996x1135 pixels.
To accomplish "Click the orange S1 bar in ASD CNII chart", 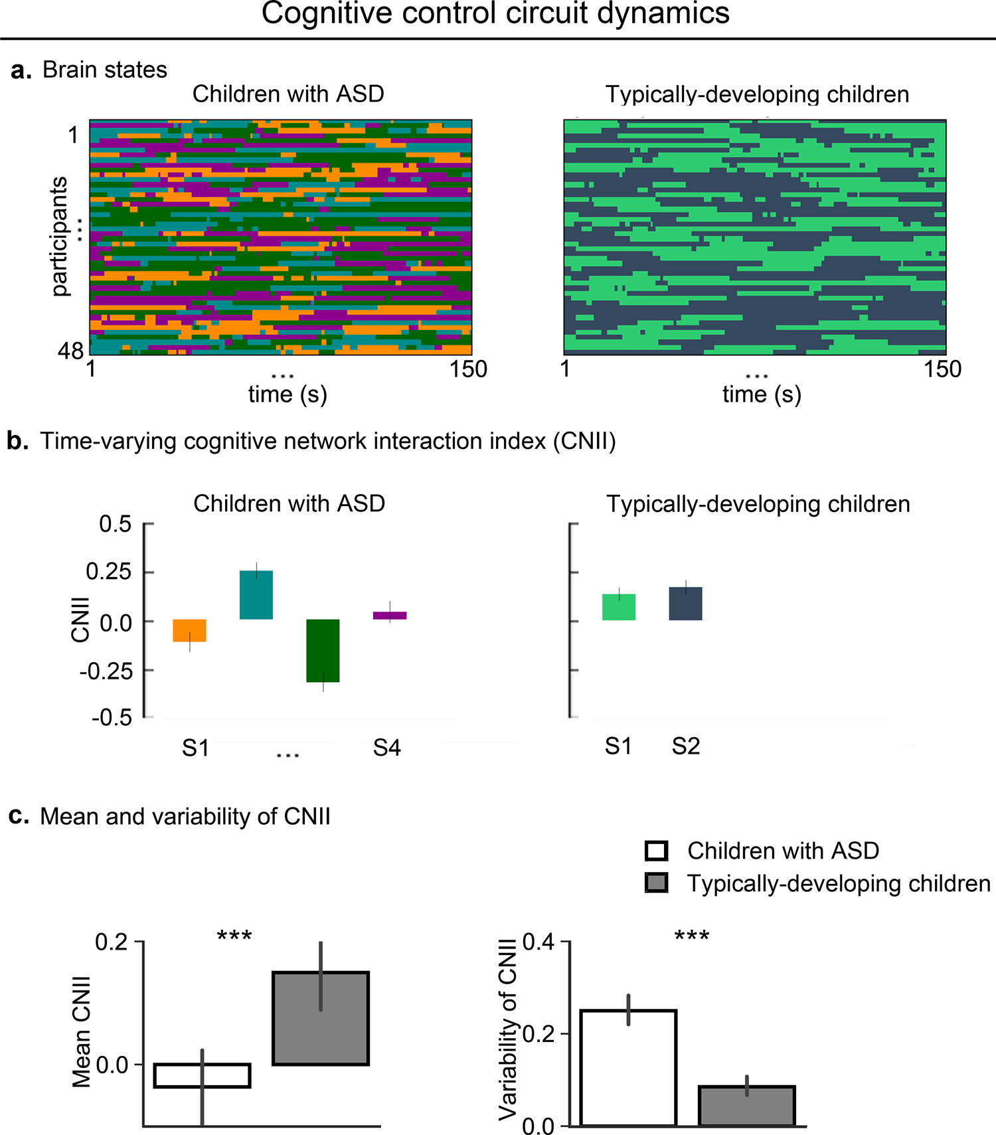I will point(190,630).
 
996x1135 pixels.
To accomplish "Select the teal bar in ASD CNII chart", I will point(256,595).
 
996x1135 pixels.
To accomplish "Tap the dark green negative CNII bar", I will point(323,650).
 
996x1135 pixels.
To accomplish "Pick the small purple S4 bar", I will point(390,616).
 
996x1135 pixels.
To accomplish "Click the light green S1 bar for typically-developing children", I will point(619,607).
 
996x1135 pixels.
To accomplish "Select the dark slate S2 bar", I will point(685,604).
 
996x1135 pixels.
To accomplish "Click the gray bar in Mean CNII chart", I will point(321,1018).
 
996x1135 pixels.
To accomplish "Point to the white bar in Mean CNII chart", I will point(202,1075).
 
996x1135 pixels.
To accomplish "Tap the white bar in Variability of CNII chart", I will point(628,1067).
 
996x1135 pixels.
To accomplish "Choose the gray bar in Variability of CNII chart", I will point(747,1105).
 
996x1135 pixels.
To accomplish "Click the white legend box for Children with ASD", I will point(656,851).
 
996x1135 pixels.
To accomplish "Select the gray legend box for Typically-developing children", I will point(656,883).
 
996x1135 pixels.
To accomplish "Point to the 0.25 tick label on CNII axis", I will point(109,572).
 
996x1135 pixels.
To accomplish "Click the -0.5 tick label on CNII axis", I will point(112,718).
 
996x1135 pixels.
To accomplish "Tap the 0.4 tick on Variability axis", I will point(539,942).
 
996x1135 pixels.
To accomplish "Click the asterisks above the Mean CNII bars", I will point(234,936).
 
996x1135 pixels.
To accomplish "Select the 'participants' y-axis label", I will point(60,236).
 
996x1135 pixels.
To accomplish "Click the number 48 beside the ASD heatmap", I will point(70,351).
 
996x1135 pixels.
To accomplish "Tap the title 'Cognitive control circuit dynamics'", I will point(495,14).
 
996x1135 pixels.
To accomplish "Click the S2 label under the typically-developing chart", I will point(685,746).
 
